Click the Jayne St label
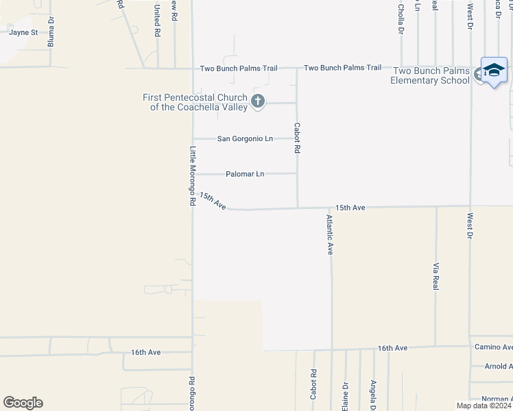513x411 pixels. point(23,32)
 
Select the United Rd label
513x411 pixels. point(157,21)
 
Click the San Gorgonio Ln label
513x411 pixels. point(245,139)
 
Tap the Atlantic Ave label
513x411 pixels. point(330,235)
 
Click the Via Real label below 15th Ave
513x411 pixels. point(436,275)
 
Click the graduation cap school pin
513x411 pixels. point(494,71)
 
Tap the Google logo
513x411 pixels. point(23,403)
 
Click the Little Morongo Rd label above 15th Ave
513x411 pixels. point(193,176)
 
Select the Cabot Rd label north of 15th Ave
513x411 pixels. point(297,138)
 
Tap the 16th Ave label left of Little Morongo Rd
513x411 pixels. point(146,352)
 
